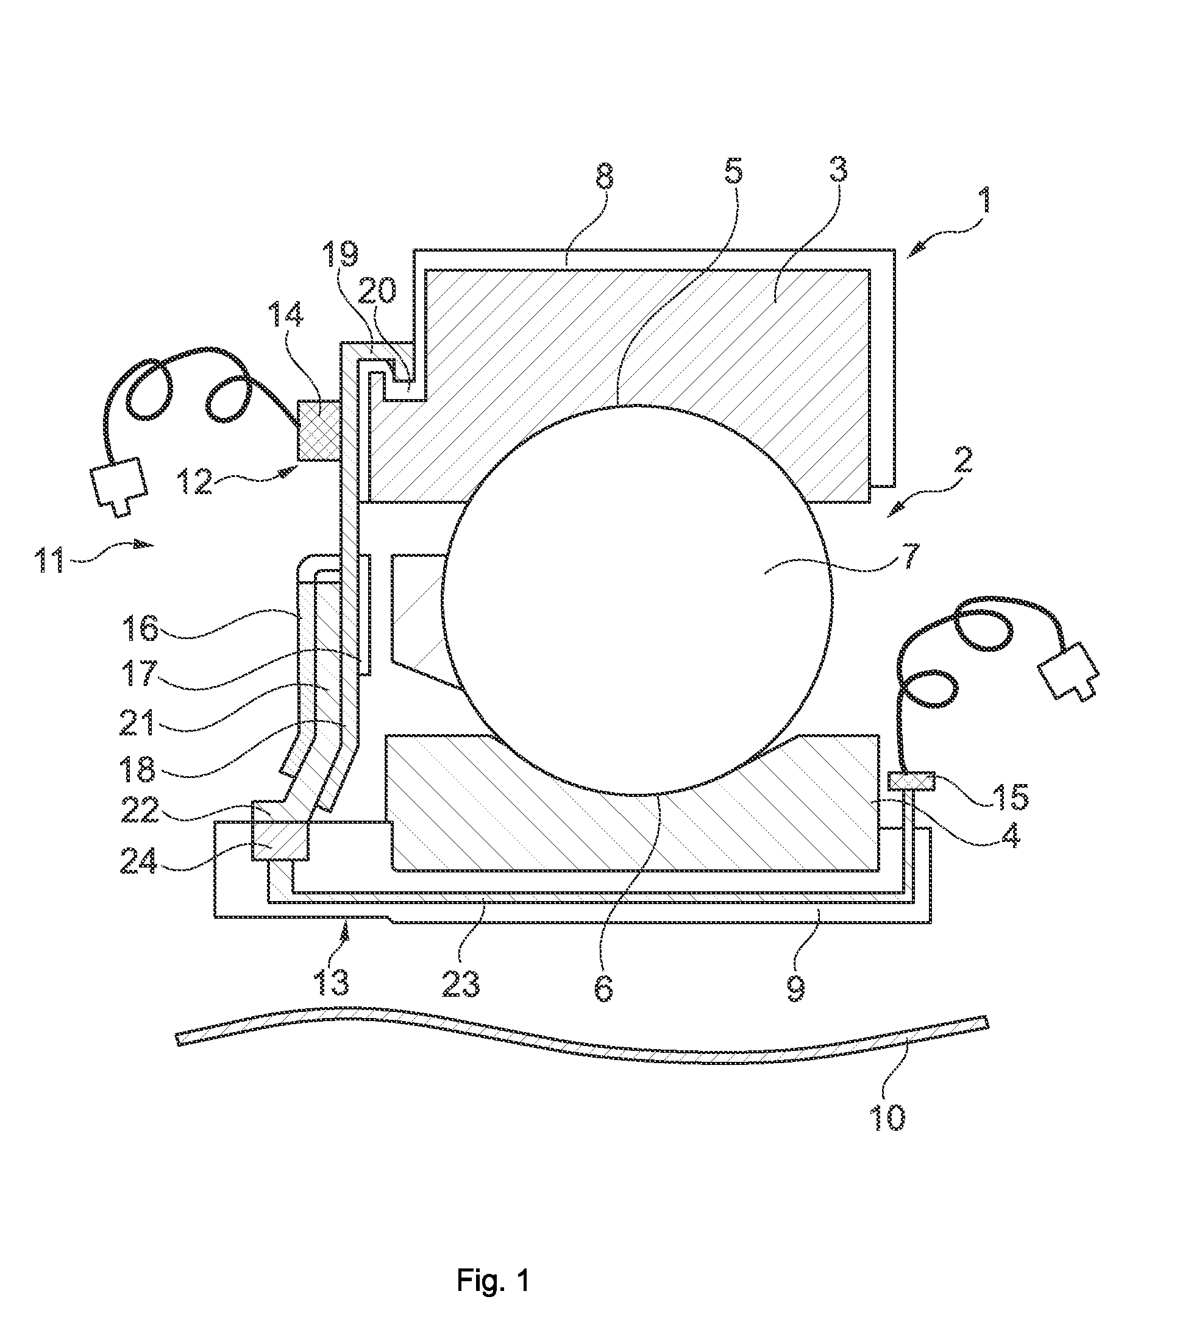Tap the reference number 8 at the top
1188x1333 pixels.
[x=605, y=174]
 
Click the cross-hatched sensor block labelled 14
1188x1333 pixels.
[x=319, y=430]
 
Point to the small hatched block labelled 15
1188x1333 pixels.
[x=912, y=781]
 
